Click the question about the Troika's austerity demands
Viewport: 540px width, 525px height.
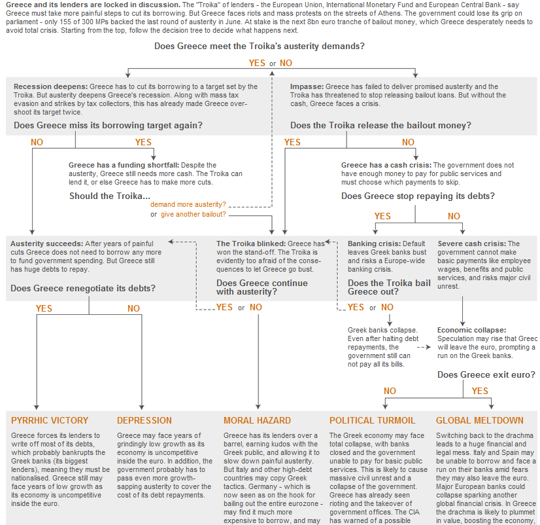coord(260,46)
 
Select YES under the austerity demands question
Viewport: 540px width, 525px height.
coord(257,63)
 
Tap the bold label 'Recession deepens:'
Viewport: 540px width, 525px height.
coord(50,87)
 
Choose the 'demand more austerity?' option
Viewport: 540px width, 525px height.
coord(188,204)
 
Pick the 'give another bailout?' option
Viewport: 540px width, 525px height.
coord(194,214)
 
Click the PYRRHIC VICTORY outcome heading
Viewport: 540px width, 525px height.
coord(50,420)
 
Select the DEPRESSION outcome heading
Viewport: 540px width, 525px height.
coord(144,420)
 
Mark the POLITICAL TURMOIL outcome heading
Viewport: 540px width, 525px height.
coord(372,420)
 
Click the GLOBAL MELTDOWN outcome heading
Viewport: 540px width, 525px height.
coord(480,420)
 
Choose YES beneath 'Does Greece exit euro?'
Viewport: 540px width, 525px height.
coord(480,391)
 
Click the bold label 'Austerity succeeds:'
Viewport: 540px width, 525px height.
coord(47,244)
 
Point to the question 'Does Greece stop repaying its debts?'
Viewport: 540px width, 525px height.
coord(418,196)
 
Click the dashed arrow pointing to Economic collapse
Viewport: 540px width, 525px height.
coord(424,348)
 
